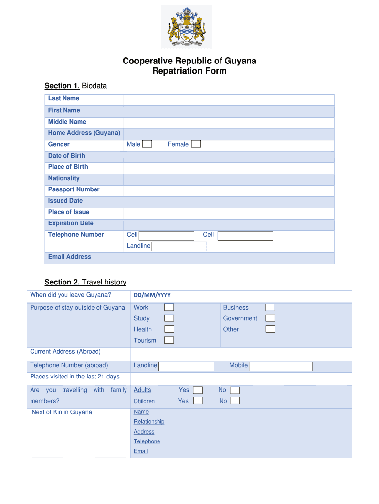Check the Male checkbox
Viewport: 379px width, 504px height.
click(147, 144)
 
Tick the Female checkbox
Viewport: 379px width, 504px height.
click(196, 144)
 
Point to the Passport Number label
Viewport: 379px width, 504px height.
click(74, 189)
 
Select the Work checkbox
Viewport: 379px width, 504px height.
click(169, 308)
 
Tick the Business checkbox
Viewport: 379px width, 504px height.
click(270, 308)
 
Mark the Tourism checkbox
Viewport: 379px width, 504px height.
click(169, 340)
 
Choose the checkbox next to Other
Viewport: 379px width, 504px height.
click(270, 329)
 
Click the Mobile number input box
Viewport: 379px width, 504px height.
click(280, 366)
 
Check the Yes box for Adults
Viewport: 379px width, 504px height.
click(198, 390)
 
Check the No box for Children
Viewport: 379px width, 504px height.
click(235, 401)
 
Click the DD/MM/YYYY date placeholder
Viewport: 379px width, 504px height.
click(152, 295)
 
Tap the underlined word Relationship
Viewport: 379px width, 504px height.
click(149, 422)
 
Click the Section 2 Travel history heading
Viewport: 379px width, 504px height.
click(85, 282)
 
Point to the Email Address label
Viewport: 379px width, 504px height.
click(69, 257)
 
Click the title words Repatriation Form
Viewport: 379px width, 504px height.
click(189, 71)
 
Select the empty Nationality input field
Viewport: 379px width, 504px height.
click(228, 179)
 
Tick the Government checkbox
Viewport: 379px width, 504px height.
click(270, 318)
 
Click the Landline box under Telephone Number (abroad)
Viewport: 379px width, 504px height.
click(186, 366)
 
